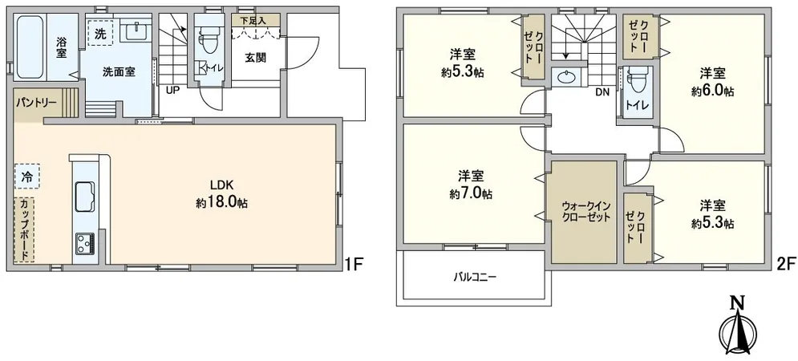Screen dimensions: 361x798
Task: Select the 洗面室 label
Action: [118, 71]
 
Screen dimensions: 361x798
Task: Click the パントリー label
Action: [34, 103]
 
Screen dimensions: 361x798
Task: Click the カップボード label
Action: [26, 229]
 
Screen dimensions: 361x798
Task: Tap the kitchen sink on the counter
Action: [84, 195]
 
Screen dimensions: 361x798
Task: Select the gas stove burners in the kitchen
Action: [84, 241]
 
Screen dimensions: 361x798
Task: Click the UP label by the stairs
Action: [172, 89]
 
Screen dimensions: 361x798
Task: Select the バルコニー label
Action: [476, 278]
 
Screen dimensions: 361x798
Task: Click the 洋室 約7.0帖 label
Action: [471, 185]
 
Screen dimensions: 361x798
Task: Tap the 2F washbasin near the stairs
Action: [566, 78]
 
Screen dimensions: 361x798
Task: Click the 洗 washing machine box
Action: [100, 34]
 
